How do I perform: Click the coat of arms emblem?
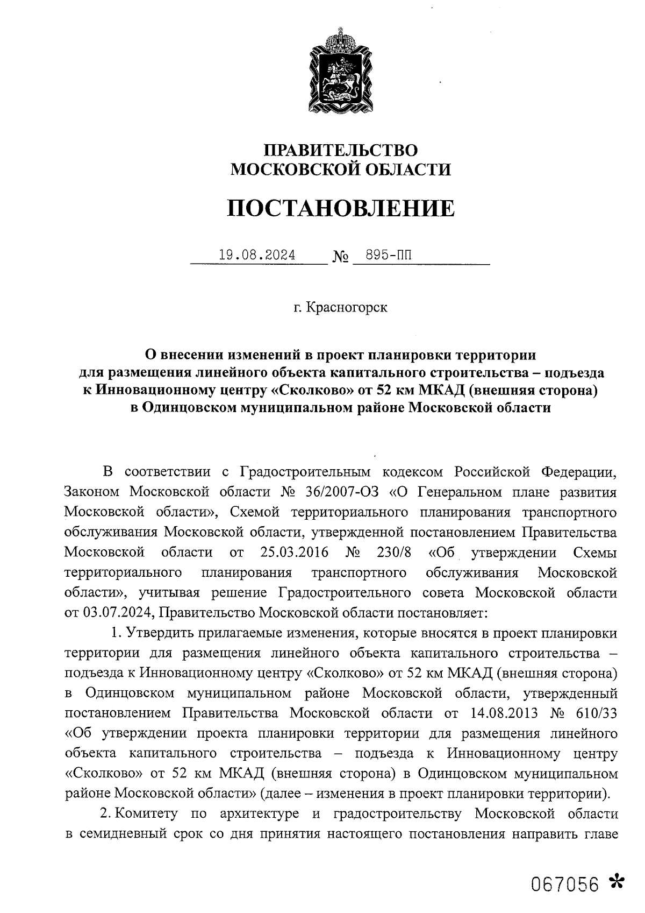pyautogui.click(x=340, y=69)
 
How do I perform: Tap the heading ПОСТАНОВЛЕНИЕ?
pyautogui.click(x=340, y=208)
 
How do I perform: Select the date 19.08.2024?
pyautogui.click(x=257, y=254)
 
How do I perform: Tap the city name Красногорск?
pyautogui.click(x=346, y=308)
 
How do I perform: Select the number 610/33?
pyautogui.click(x=596, y=713)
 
